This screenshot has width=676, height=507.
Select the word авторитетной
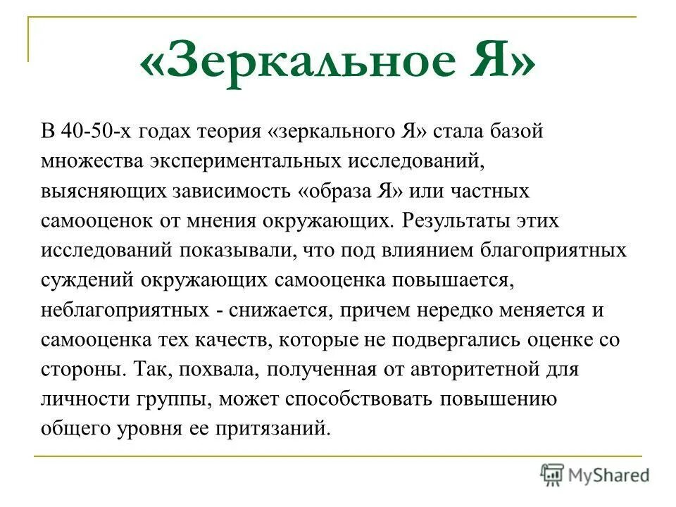(458, 370)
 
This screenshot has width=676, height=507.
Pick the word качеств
(232, 340)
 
